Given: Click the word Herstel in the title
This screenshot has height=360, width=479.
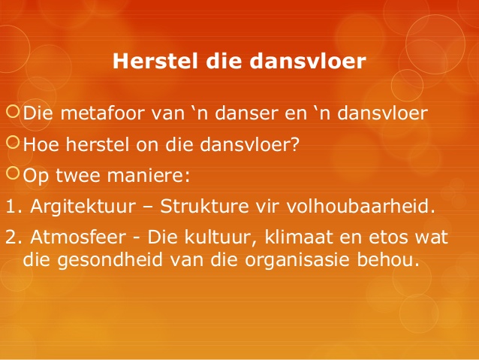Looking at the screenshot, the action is coord(155,61).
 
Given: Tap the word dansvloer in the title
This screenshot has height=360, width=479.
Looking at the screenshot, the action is coord(308,61).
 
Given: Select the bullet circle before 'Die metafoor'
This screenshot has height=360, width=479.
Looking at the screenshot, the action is coord(13,111).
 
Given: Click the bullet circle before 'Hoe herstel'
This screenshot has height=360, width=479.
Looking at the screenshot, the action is coord(13,142).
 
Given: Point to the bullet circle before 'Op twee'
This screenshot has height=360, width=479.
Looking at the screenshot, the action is coord(13,173).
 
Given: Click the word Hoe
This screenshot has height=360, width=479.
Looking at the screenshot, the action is coord(41,144).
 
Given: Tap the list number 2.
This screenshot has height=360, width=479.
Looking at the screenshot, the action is coord(14,237).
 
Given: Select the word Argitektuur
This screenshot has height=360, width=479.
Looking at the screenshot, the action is coord(83,207).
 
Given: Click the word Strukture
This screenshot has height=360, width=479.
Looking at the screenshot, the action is coord(204,206).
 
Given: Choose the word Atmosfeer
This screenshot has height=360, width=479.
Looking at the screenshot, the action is coord(78,237).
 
